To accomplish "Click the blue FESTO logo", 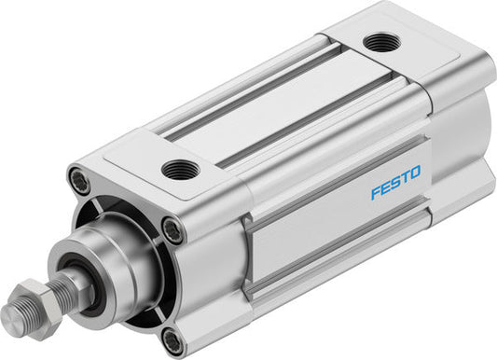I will (x=395, y=175).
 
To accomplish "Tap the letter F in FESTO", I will (x=376, y=180).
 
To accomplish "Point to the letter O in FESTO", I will (x=415, y=171).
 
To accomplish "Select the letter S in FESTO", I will (x=395, y=175).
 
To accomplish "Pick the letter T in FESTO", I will (x=405, y=173).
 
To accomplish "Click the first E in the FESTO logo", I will (x=385, y=178).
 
